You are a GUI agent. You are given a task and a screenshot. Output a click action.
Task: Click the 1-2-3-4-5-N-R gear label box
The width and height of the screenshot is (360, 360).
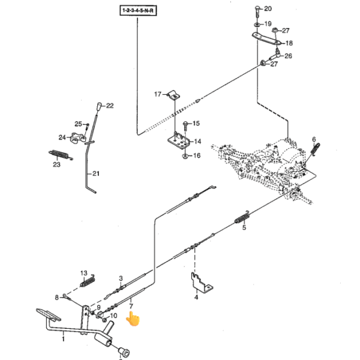pos(138,11)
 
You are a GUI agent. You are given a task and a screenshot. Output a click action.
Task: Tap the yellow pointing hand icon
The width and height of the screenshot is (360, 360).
pos(133,319)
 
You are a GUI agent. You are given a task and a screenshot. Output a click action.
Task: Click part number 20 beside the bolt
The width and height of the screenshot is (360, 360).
pos(268,9)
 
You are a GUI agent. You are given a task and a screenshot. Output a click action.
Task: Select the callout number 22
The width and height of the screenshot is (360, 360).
pos(110,106)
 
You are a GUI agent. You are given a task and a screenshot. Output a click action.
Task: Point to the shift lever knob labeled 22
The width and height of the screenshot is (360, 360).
pos(100,107)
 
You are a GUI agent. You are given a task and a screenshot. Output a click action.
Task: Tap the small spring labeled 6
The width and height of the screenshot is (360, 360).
pos(315,149)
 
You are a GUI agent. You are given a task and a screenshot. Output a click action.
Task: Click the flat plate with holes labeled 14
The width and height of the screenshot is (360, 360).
pos(178,141)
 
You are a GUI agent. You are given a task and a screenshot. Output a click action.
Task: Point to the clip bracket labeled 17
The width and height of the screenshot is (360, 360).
pos(174,95)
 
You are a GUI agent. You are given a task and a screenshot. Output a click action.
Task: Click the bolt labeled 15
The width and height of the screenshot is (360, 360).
pos(185,127)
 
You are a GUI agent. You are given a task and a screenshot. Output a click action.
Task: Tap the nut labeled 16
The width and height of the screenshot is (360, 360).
pos(185,157)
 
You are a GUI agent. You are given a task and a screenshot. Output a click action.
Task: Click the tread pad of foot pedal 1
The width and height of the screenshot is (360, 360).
pos(49,314)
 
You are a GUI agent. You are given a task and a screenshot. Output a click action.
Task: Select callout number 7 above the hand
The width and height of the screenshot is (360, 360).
pos(131,306)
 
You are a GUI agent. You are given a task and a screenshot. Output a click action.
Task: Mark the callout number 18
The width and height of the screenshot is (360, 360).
pos(289,43)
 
